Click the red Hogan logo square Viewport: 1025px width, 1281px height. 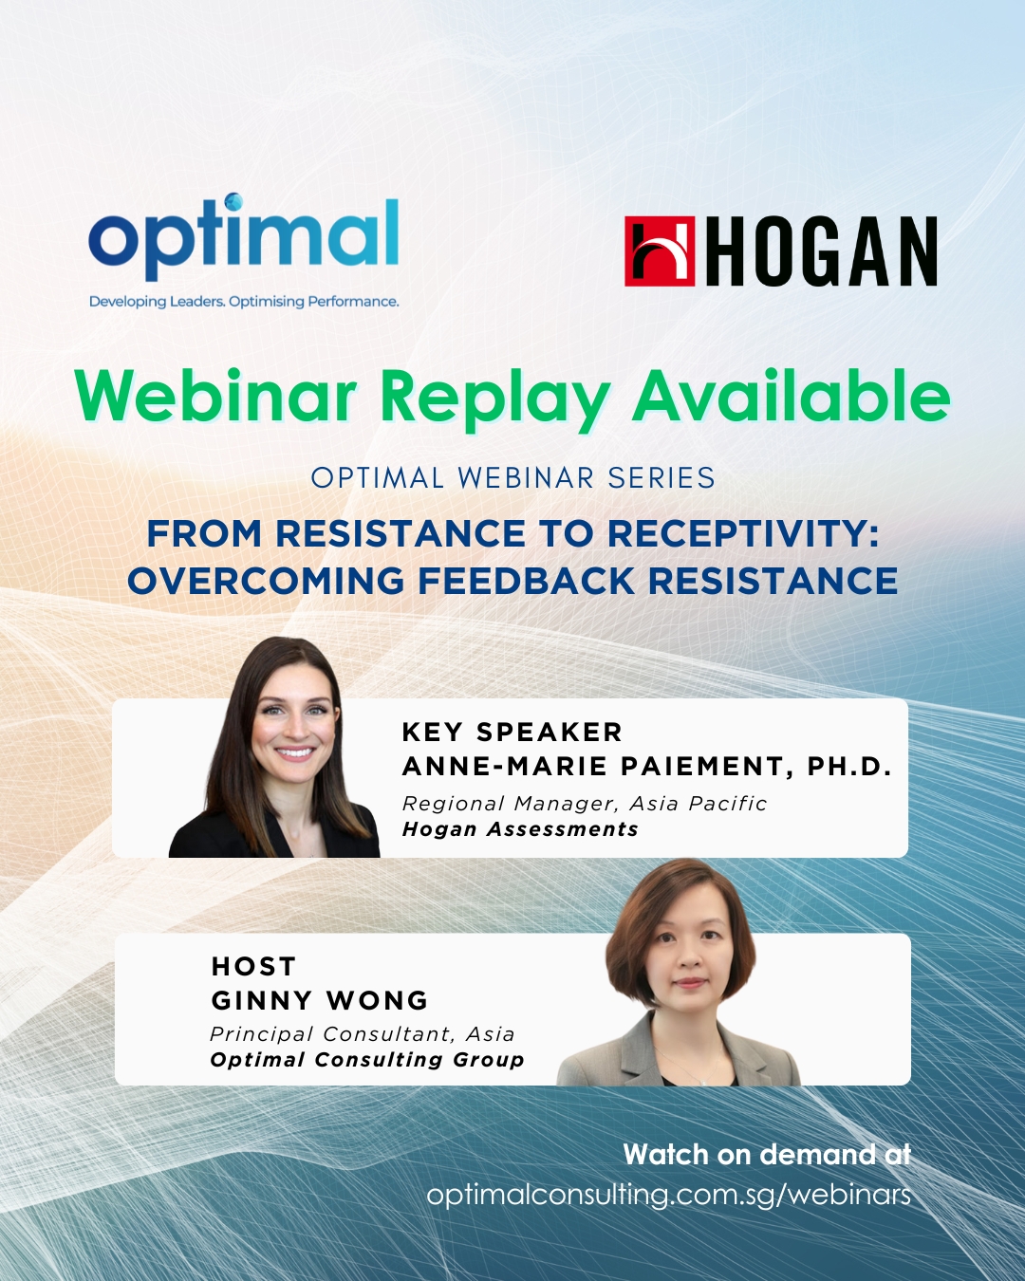(x=660, y=251)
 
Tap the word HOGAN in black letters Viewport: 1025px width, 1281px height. (x=826, y=251)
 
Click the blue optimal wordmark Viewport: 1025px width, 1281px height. (x=243, y=236)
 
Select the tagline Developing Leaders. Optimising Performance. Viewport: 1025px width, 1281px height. (x=244, y=302)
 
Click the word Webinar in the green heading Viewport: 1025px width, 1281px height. (x=215, y=396)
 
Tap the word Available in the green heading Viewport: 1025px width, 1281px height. (x=792, y=396)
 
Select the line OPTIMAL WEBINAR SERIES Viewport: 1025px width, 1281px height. (x=512, y=478)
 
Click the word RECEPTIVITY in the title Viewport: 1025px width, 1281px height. (x=743, y=533)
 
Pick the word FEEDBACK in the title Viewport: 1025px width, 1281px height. (x=526, y=581)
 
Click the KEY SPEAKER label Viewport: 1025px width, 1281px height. (x=512, y=733)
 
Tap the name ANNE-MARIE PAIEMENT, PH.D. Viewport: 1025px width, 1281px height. (x=647, y=767)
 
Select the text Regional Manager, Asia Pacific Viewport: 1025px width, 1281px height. (x=585, y=804)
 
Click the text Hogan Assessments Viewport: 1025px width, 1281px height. (x=520, y=829)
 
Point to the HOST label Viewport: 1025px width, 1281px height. (x=253, y=967)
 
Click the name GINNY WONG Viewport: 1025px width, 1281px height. (x=320, y=1001)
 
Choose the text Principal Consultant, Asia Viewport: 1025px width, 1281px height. (x=363, y=1034)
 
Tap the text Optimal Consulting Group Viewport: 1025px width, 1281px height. (x=367, y=1060)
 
